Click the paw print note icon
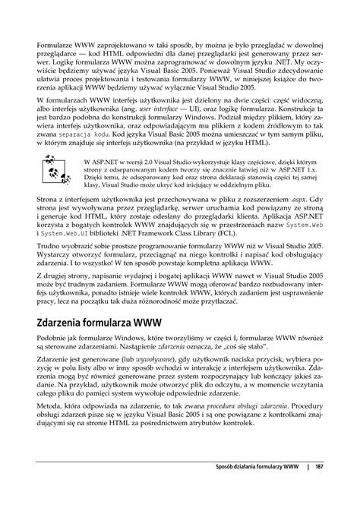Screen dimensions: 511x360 (x=53, y=165)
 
